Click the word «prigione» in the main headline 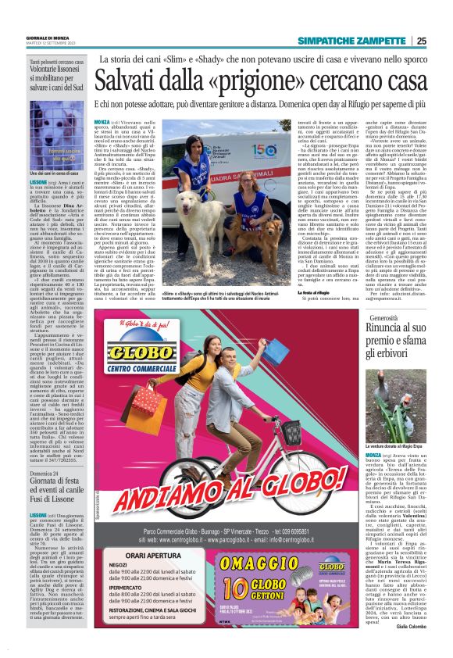(243, 80)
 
